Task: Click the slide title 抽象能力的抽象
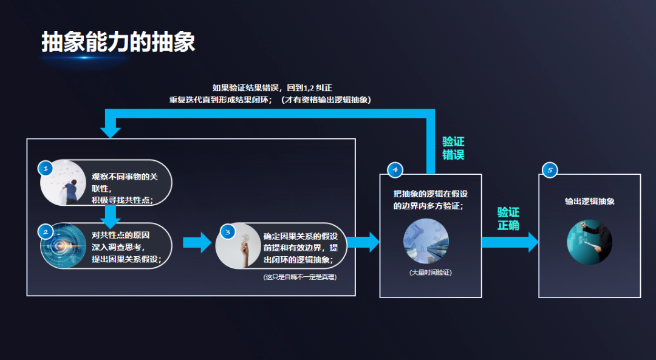pyautogui.click(x=118, y=42)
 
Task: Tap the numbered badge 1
pyautogui.click(x=46, y=168)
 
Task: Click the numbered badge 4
pyautogui.click(x=395, y=170)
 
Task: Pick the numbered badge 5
pyautogui.click(x=550, y=170)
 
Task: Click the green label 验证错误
pyautogui.click(x=453, y=148)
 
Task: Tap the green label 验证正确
pyautogui.click(x=508, y=219)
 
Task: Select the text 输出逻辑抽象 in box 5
pyautogui.click(x=589, y=201)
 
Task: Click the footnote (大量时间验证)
pyautogui.click(x=430, y=273)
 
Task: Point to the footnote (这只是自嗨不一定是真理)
pyautogui.click(x=300, y=277)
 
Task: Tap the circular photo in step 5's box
pyautogui.click(x=589, y=241)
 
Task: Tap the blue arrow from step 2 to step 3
pyautogui.click(x=197, y=242)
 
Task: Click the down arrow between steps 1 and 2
pyautogui.click(x=110, y=216)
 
